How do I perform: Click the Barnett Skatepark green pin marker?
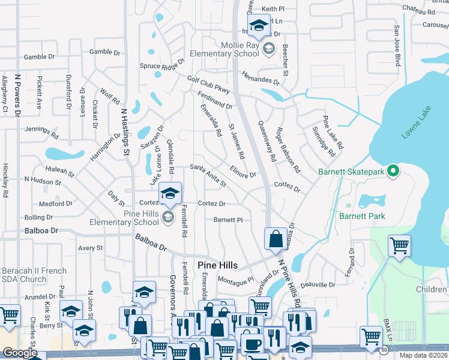(393, 172)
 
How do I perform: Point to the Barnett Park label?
(361, 216)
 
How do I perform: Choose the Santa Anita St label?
(208, 175)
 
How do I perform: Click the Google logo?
(20, 353)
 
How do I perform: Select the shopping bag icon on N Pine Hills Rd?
(275, 238)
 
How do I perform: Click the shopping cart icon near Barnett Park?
(399, 245)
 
